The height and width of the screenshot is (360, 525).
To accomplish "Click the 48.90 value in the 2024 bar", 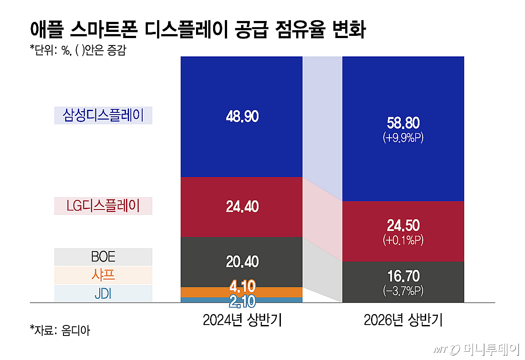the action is pyautogui.click(x=242, y=116).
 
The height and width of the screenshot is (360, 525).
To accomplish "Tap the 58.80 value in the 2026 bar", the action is pyautogui.click(x=403, y=123).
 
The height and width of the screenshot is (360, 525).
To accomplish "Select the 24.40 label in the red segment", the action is pyautogui.click(x=242, y=206).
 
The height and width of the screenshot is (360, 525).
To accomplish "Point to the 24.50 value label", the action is pyautogui.click(x=403, y=225).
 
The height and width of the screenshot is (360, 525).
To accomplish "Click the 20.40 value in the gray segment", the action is pyautogui.click(x=242, y=262).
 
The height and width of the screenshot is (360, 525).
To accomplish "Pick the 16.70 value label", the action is pyautogui.click(x=403, y=276).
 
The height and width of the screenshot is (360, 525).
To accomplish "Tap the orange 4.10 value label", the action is pyautogui.click(x=242, y=286).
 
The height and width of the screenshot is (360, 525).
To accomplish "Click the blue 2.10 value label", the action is pyautogui.click(x=242, y=301).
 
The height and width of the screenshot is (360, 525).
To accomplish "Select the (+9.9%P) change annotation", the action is pyautogui.click(x=403, y=137).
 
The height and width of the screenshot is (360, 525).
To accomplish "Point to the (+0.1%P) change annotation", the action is pyautogui.click(x=403, y=240).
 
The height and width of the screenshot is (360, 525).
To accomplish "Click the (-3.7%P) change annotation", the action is pyautogui.click(x=403, y=291).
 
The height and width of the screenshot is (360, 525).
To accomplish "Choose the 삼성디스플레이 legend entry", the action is pyautogui.click(x=103, y=115).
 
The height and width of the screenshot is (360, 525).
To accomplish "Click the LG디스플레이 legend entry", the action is pyautogui.click(x=103, y=206).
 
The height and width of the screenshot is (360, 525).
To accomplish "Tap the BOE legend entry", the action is pyautogui.click(x=103, y=257).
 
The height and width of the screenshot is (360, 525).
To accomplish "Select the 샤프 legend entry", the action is pyautogui.click(x=103, y=275).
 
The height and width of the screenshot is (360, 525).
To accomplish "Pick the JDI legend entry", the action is pyautogui.click(x=103, y=294).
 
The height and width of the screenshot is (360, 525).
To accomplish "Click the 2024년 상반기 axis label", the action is pyautogui.click(x=242, y=320).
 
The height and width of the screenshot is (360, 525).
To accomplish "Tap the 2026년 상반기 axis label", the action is pyautogui.click(x=403, y=320).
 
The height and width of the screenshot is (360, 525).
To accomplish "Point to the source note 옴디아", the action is pyautogui.click(x=75, y=330).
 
